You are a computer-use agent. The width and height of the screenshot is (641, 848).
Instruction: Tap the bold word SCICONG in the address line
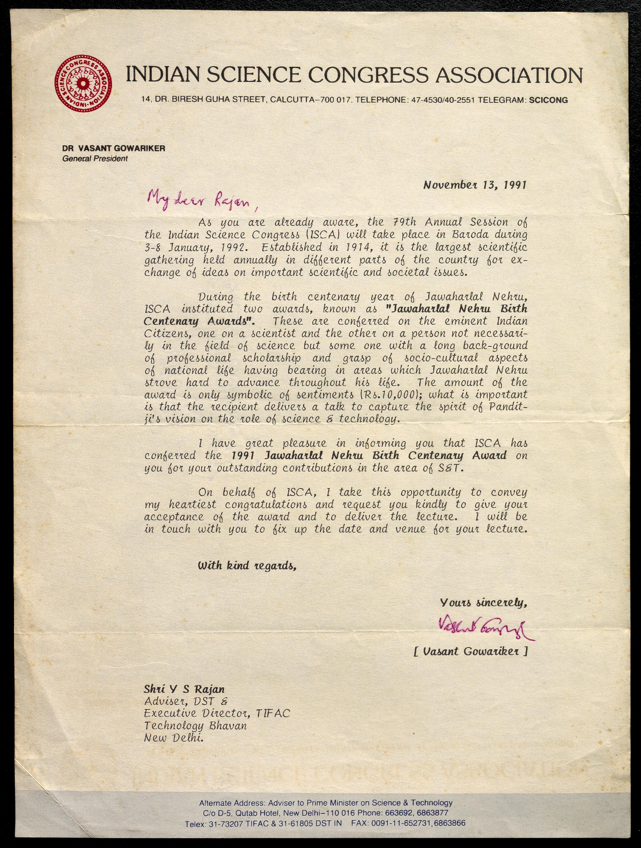[548, 100]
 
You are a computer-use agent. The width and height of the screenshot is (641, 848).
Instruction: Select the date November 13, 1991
[474, 185]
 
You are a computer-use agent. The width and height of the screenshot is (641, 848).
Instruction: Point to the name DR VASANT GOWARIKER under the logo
[114, 148]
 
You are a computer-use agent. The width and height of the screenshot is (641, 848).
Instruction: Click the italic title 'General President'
[95, 159]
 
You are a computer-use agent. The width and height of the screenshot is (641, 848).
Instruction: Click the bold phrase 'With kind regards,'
[247, 565]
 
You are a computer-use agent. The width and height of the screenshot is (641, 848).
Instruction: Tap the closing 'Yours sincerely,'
[483, 603]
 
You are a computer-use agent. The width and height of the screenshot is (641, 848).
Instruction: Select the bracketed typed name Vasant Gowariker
[471, 651]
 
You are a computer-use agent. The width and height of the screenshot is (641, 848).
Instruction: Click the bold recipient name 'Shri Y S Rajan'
[184, 689]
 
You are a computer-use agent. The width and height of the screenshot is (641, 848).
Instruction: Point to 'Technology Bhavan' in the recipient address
[195, 726]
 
